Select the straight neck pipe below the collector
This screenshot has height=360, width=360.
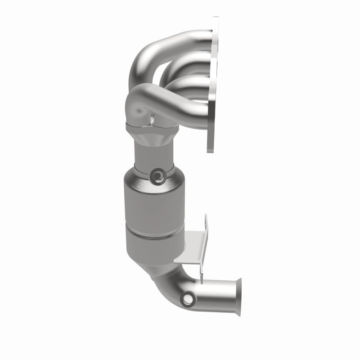pos(154,153)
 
